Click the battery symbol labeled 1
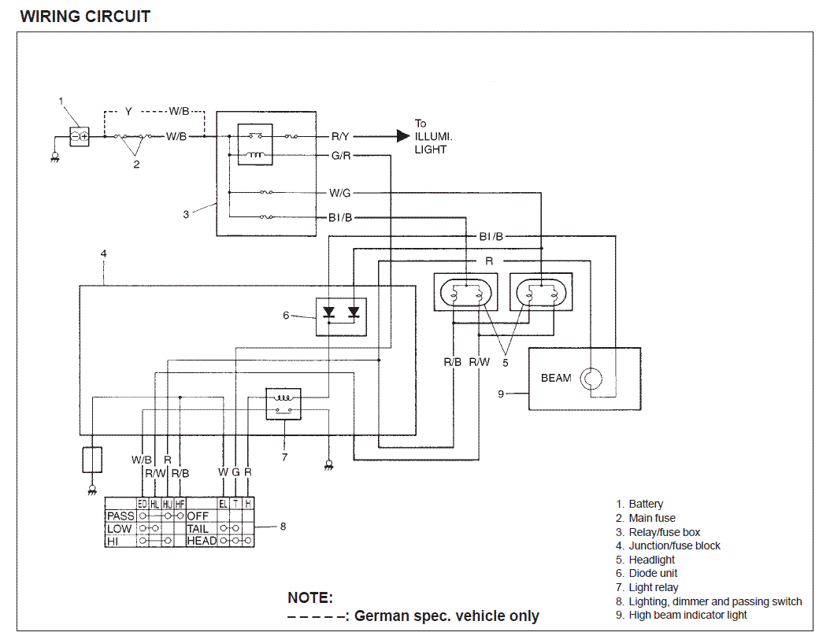click(x=79, y=137)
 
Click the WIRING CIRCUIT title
click(x=85, y=16)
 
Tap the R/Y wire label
click(x=340, y=137)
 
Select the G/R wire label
click(x=340, y=156)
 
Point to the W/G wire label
click(x=340, y=192)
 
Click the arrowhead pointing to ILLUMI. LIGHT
click(x=402, y=136)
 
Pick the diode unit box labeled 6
click(x=342, y=316)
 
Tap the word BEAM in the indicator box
click(x=556, y=378)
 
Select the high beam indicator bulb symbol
click(x=591, y=379)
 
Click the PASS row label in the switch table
click(x=120, y=516)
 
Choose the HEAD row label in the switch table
click(x=202, y=541)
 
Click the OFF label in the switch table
click(x=197, y=516)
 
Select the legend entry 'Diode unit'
click(x=653, y=573)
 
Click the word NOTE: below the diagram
click(x=310, y=597)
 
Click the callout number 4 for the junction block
click(x=103, y=254)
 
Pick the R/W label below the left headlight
click(x=479, y=362)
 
